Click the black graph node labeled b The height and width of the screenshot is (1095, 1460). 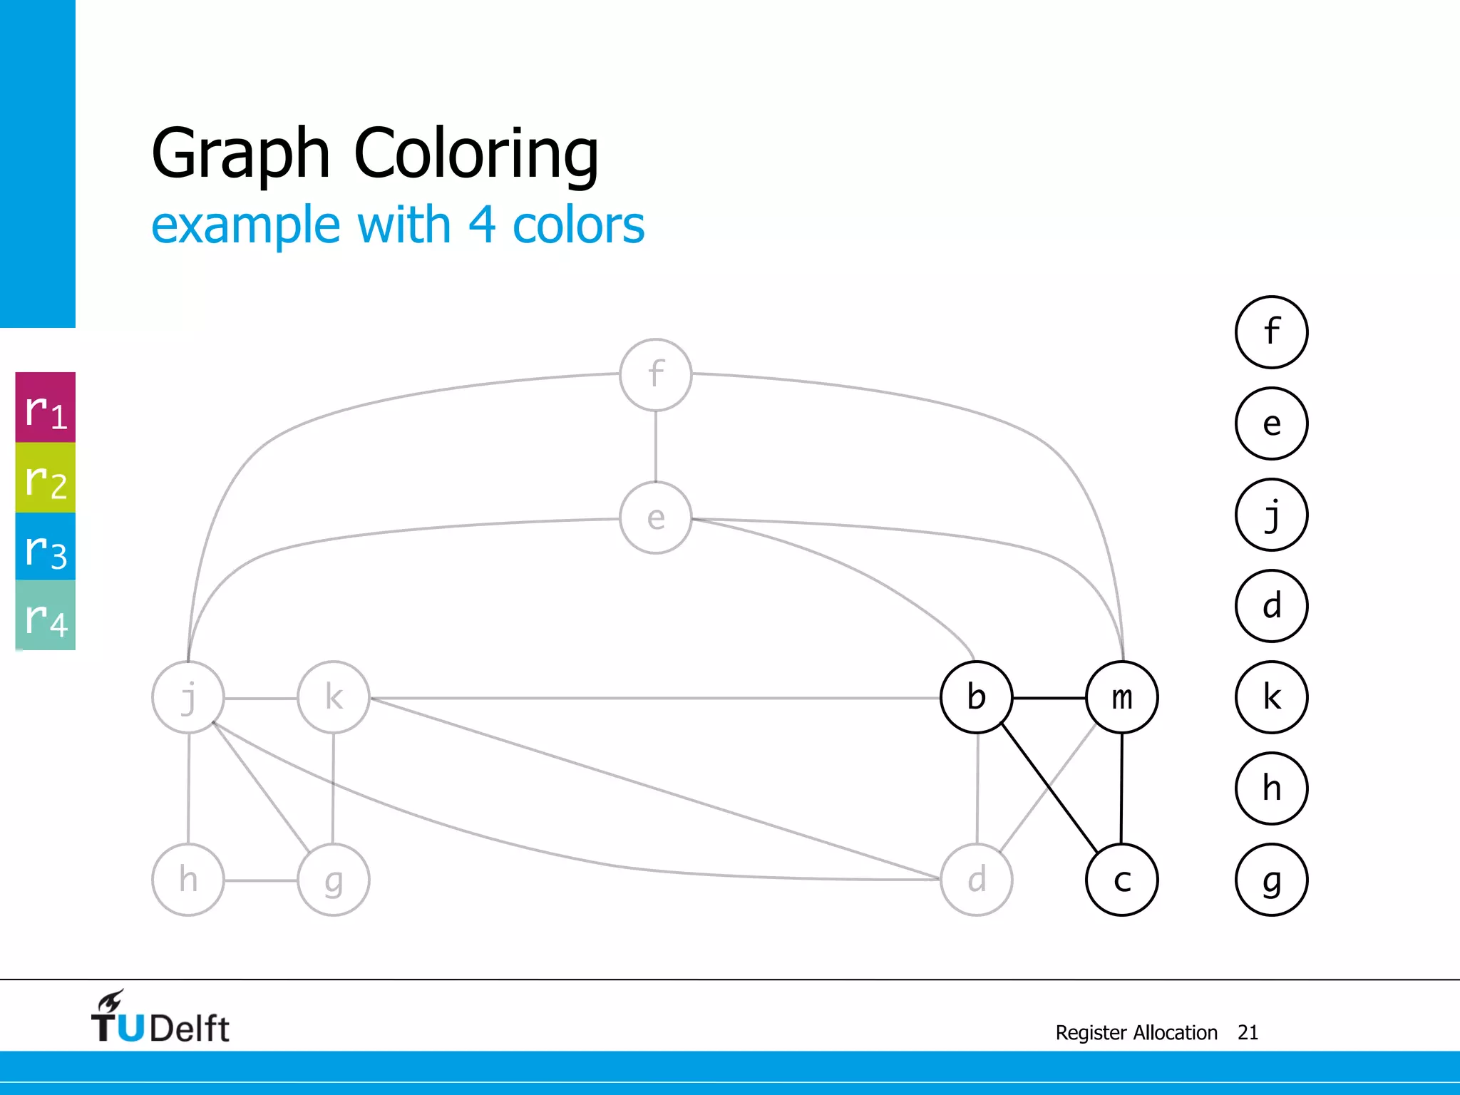tap(976, 697)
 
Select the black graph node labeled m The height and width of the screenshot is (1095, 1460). tap(1122, 697)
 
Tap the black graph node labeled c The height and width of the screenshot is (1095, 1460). tap(1122, 880)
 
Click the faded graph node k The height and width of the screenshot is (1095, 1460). tap(334, 697)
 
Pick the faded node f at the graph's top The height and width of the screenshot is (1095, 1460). tap(656, 374)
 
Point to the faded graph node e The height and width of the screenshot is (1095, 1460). tap(656, 518)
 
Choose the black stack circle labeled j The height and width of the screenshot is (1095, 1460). tap(1271, 515)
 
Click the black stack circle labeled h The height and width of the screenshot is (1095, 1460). tap(1271, 788)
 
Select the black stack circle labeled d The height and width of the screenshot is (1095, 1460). tap(1271, 606)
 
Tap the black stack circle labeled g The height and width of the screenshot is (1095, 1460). tap(1271, 880)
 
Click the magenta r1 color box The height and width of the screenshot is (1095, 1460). tap(46, 408)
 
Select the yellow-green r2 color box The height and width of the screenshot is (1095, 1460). tap(46, 478)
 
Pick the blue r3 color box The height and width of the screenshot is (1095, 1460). tap(46, 547)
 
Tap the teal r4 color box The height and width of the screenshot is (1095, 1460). tap(46, 615)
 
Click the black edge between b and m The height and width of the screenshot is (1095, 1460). tap(1049, 698)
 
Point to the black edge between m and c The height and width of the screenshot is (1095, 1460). tap(1121, 788)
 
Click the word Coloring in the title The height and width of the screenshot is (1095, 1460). tap(476, 153)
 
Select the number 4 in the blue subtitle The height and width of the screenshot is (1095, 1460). tap(482, 225)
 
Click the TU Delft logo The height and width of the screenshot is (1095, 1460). tap(160, 1018)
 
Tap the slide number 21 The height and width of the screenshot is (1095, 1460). tap(1248, 1032)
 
